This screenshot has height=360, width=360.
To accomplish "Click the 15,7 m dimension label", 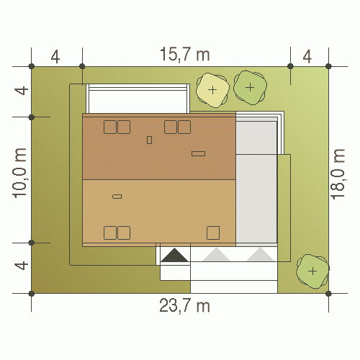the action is click(185, 54).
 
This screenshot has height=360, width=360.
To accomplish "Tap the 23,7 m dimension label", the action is click(184, 305).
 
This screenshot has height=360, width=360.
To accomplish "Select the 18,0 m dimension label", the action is click(338, 174).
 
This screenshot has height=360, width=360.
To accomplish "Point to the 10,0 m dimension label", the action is click(19, 173).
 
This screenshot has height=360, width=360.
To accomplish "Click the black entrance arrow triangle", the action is click(174, 255).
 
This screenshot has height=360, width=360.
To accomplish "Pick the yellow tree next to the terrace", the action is click(212, 90).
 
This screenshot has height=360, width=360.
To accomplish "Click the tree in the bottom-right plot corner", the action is click(312, 271).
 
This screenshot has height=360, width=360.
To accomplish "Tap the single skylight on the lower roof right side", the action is click(213, 233).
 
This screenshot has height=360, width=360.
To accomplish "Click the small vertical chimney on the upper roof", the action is click(149, 140).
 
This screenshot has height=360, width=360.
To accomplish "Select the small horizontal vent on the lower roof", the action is click(117, 197).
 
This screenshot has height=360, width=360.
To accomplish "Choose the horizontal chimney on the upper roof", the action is click(198, 153).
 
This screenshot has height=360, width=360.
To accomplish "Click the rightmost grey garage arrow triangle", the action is click(260, 255).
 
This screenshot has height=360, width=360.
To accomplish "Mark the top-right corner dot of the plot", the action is click(328, 66).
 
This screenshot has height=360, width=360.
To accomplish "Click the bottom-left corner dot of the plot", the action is click(32, 293).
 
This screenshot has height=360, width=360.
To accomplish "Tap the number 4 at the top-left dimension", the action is click(55, 57).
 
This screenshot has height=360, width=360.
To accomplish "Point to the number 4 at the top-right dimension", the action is click(307, 57).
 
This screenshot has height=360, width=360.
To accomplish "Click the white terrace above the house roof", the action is click(138, 99).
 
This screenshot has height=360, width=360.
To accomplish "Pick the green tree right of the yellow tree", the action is click(250, 87).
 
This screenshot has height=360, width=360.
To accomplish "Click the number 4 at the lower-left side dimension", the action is click(22, 266).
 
